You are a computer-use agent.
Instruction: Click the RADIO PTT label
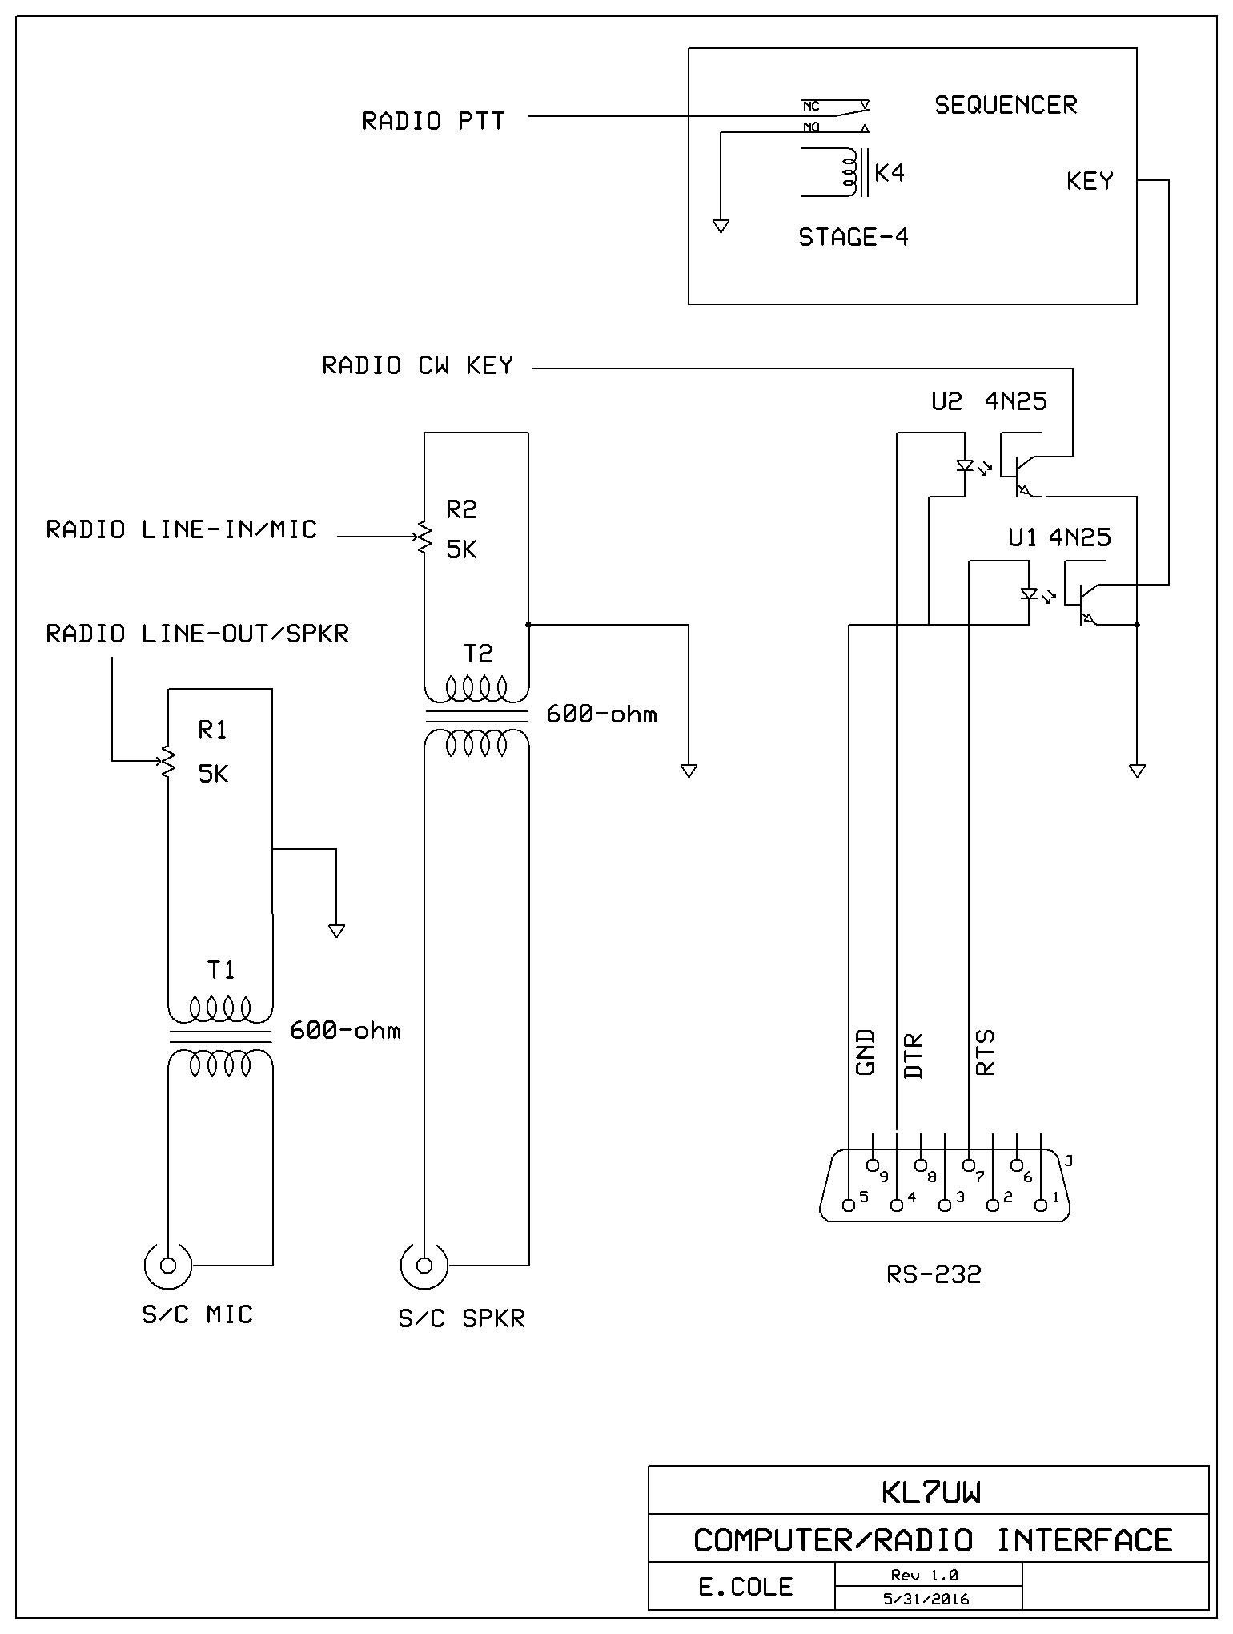433,121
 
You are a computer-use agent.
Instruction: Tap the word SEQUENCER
1006,105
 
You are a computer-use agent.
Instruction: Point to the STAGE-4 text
853,237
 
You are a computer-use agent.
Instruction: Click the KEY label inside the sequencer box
1090,181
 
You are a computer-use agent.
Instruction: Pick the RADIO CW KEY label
417,365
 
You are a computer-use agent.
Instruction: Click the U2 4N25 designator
989,401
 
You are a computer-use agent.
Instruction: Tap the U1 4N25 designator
1059,537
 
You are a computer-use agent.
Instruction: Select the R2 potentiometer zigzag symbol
423,537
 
